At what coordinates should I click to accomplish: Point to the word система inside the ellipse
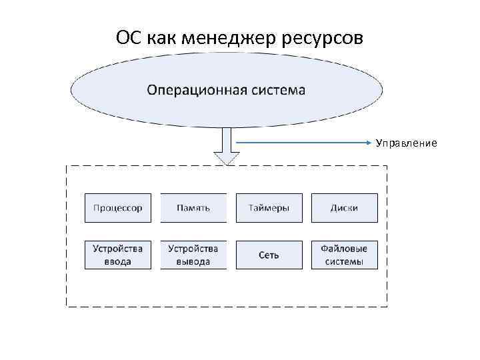point(276,89)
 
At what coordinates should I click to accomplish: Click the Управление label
point(406,143)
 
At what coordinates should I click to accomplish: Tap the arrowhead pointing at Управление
point(369,143)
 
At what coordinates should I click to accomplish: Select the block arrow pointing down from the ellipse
point(227,147)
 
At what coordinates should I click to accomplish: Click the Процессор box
point(118,208)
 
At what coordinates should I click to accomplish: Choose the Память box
point(193,208)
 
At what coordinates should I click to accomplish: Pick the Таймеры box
point(269,208)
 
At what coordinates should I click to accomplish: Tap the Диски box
point(344,208)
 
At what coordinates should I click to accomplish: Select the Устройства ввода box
point(118,255)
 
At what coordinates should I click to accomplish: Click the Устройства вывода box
point(193,255)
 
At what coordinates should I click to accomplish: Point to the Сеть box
point(269,255)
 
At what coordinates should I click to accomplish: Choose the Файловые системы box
point(344,255)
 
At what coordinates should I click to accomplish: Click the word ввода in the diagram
point(118,261)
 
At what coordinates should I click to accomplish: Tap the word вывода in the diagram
point(193,261)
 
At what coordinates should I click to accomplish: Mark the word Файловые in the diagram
point(344,249)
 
